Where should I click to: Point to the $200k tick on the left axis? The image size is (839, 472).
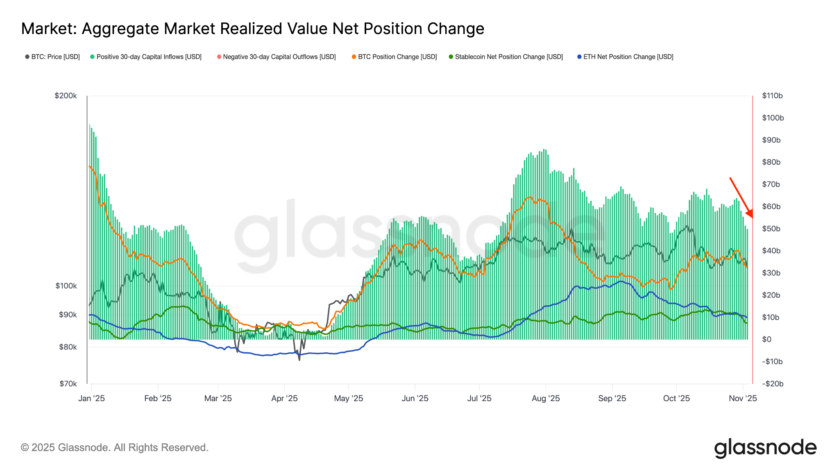pos(66,96)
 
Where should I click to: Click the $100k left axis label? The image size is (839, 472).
pos(66,286)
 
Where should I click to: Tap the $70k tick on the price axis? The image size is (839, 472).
pos(68,384)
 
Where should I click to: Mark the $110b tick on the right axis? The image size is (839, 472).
pos(772,96)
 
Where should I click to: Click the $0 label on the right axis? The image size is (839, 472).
pos(766,339)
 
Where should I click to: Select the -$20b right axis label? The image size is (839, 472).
pos(772,384)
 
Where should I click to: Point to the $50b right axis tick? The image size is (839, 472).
pos(771,229)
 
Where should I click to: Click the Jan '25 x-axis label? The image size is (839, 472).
pos(91,398)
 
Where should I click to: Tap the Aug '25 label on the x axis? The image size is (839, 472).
pos(546,398)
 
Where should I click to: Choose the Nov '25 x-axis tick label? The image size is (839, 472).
pos(743,398)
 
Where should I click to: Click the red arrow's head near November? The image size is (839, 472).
pos(750,214)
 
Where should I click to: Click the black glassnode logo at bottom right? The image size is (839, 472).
pos(765,448)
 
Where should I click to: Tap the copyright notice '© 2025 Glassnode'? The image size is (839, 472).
pos(115,447)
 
